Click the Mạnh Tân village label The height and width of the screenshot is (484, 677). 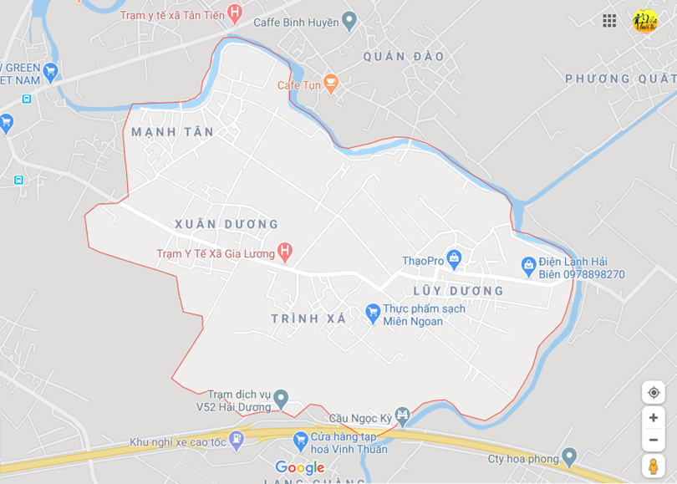(x=172, y=132)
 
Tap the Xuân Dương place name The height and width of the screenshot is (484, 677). (x=226, y=224)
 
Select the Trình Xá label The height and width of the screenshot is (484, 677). (x=308, y=318)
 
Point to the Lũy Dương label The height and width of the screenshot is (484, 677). (x=459, y=291)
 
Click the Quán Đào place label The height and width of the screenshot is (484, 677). (x=404, y=57)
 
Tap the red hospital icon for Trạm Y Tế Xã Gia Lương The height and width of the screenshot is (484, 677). (x=285, y=250)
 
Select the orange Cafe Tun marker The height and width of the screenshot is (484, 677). (x=331, y=83)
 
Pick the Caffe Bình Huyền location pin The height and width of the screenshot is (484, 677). (x=349, y=21)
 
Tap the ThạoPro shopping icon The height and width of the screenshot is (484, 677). (x=454, y=259)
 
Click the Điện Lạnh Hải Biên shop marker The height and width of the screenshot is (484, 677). (x=528, y=267)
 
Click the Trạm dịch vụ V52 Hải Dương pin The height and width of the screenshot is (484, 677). (x=282, y=399)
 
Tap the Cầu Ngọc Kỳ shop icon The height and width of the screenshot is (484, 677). (x=403, y=415)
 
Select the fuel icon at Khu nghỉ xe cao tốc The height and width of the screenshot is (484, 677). (x=237, y=438)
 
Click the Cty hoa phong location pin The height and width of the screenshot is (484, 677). (x=569, y=457)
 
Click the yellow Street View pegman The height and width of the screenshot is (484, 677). (x=654, y=466)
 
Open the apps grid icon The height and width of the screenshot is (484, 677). (x=609, y=21)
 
